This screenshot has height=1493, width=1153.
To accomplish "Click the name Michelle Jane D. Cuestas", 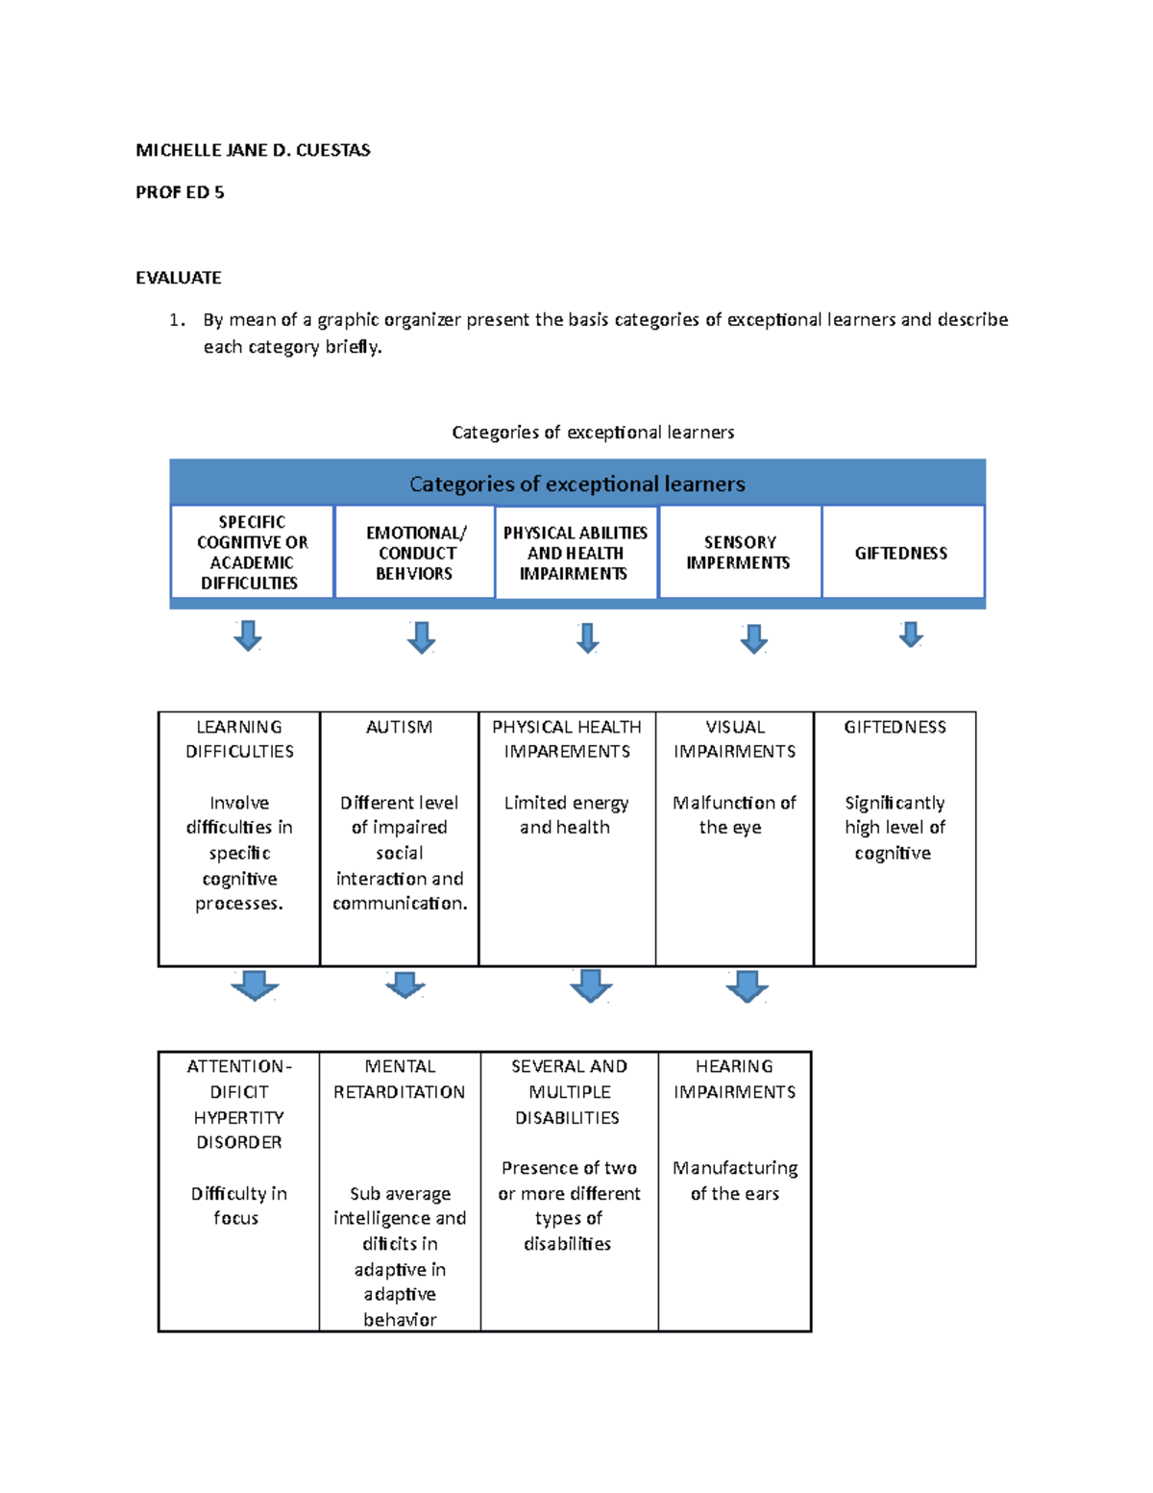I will tap(253, 150).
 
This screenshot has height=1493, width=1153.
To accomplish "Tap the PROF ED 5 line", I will tap(180, 192).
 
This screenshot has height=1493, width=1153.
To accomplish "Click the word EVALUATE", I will tap(179, 278).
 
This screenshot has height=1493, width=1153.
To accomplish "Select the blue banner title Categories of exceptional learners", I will tap(577, 484).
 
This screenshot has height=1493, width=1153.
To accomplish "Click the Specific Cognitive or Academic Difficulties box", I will tap(252, 553).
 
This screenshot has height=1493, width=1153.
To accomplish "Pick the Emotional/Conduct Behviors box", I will tap(415, 553).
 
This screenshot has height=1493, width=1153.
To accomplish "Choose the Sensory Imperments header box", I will tap(739, 553).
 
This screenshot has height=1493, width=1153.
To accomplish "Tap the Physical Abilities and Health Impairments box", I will tap(576, 553).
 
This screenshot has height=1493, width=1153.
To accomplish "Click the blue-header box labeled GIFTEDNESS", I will tap(901, 553).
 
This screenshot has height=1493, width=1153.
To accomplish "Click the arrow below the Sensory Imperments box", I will tap(754, 638).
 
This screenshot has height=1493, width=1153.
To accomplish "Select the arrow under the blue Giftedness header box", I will tap(911, 635).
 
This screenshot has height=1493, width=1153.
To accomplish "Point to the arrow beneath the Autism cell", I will tap(405, 984).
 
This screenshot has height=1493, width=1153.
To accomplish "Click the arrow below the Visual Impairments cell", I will tap(748, 986).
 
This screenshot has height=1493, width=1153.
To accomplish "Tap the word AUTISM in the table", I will tap(399, 728).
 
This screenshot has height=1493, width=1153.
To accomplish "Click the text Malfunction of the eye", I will tap(734, 814).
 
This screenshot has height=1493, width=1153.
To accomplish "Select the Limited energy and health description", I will tap(566, 814).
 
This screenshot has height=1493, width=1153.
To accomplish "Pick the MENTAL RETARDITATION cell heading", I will tap(399, 1080).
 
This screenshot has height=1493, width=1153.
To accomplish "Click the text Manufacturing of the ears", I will tap(735, 1181).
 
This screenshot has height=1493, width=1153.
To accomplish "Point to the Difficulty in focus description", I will tap(238, 1206).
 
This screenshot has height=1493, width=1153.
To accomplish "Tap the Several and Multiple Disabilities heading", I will tap(569, 1092).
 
